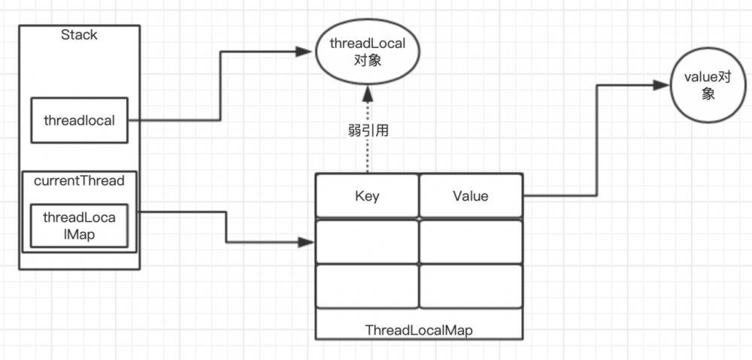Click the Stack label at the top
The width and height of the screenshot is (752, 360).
(x=79, y=35)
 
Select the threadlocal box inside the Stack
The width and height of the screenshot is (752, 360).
(x=79, y=119)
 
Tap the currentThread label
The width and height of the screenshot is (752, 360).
(x=79, y=181)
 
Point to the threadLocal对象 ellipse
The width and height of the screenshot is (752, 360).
(x=368, y=52)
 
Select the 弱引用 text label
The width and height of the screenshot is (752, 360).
(x=367, y=129)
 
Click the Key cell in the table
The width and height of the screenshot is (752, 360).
(x=367, y=196)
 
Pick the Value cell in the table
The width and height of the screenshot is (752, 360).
(x=470, y=196)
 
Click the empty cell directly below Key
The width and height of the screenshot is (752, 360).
(x=367, y=241)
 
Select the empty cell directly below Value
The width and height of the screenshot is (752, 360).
(x=470, y=241)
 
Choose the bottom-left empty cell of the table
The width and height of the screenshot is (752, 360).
(x=367, y=286)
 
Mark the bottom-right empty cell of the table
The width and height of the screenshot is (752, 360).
(x=470, y=286)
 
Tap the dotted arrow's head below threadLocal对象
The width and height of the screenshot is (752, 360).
(x=368, y=93)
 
